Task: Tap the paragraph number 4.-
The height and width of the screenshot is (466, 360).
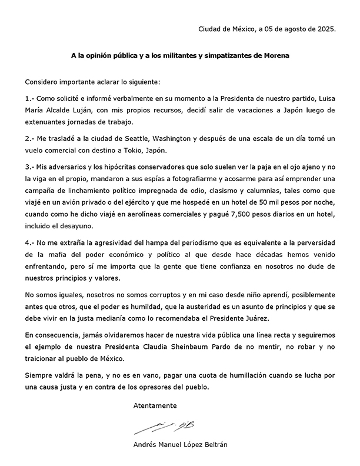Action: point(31,243)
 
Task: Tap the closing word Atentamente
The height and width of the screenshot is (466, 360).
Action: point(155,407)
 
